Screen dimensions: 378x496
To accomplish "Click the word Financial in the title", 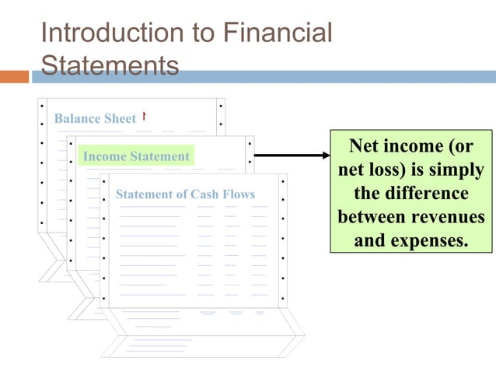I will point(277,33).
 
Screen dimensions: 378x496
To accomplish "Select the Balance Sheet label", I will point(95,119).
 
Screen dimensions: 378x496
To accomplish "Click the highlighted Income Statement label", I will point(136,156).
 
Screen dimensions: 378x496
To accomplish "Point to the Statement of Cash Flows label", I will point(185,194).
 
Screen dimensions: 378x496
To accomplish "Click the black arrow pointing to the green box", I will point(292,156).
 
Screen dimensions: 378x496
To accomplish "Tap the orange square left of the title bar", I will point(14,77).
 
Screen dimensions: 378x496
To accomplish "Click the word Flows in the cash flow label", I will point(239,194).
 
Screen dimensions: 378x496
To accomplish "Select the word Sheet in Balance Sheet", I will point(120,119).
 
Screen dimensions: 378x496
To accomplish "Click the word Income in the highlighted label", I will point(104,156).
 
